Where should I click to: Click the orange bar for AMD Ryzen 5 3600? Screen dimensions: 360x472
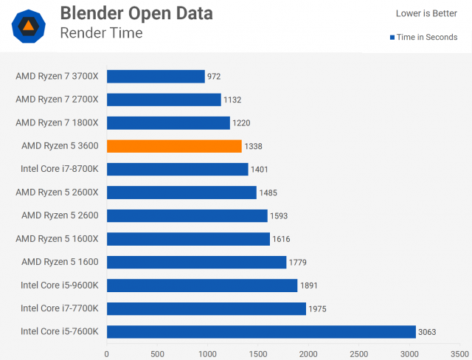174,146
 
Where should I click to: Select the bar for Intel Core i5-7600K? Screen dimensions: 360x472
261,332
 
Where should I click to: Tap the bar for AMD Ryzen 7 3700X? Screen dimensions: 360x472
156,76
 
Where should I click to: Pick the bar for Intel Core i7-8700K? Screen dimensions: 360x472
177,169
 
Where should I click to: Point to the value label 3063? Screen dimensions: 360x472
427,332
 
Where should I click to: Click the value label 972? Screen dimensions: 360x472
214,76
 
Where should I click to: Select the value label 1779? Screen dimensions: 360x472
299,262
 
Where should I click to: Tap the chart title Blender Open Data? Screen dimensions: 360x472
136,13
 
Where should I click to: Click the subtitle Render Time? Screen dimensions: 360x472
101,33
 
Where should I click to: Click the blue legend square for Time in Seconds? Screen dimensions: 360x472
392,38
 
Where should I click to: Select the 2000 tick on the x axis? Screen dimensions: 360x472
308,353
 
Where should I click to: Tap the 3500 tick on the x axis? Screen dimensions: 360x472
459,353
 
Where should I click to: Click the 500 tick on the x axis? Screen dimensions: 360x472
157,353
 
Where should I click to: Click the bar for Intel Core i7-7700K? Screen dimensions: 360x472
206,308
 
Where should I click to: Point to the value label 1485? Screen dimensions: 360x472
270,193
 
